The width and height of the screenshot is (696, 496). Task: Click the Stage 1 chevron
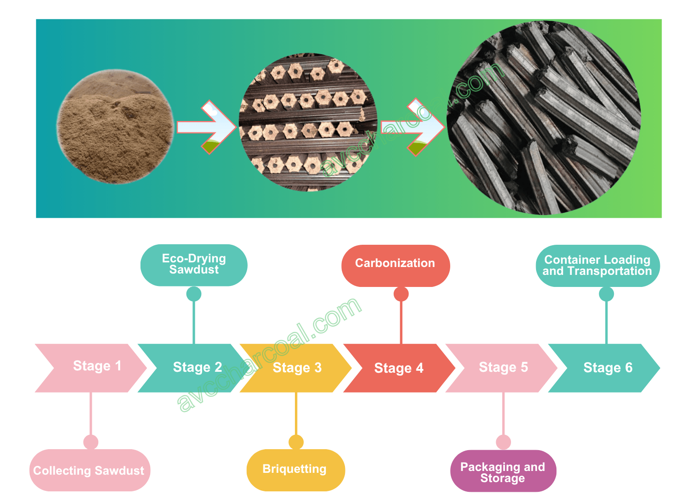point(93,368)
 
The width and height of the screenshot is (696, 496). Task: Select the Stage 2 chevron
point(195,368)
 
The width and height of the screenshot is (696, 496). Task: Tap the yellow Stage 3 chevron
point(297,368)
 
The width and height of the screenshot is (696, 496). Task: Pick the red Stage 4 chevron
point(399,368)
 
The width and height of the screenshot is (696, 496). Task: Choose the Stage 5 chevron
point(503,368)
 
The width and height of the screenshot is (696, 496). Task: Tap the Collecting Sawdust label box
point(89,470)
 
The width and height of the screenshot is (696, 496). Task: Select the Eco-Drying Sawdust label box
point(194,265)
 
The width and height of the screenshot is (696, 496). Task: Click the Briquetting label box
point(295,470)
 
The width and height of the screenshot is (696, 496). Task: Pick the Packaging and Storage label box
point(503,471)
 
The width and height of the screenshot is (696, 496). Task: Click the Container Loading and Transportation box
point(598,266)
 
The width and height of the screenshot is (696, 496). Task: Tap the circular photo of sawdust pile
point(115,126)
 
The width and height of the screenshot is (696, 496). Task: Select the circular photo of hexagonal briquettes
point(308,122)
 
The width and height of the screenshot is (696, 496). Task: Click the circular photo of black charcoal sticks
point(543,118)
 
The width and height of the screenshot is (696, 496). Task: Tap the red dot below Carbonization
point(401,294)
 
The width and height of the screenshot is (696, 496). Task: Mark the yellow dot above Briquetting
point(296,442)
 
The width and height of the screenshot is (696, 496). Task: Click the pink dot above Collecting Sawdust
point(91,442)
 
